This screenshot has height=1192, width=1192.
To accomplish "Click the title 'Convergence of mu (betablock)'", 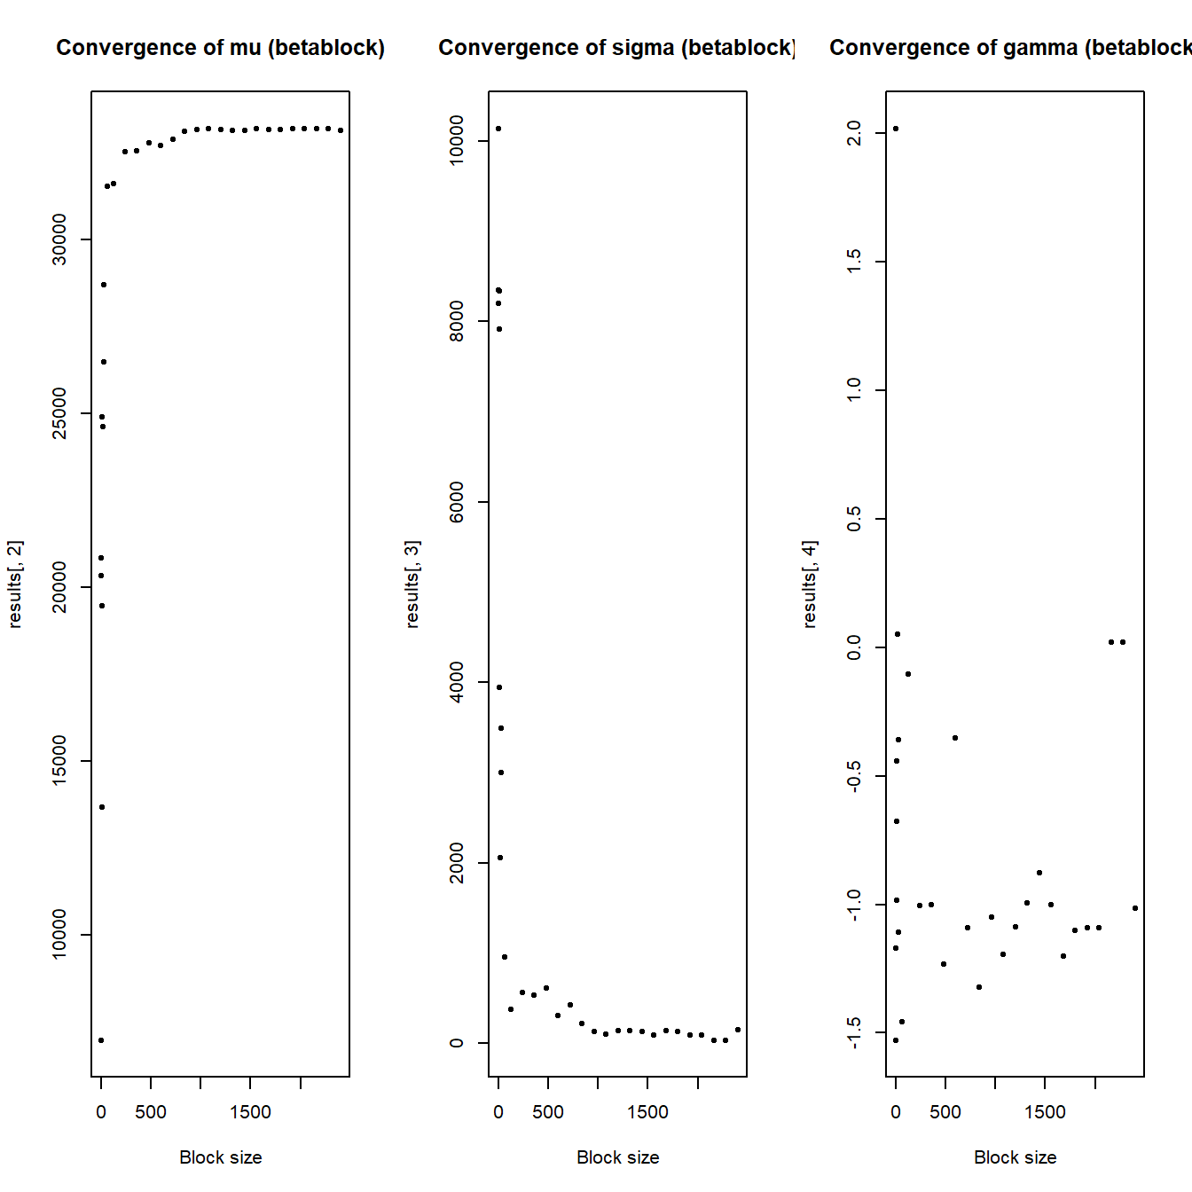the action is coord(220,48).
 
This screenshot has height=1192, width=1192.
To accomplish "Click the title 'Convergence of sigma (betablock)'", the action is coord(616,48).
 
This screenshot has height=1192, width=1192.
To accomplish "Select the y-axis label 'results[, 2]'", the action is coord(15,584).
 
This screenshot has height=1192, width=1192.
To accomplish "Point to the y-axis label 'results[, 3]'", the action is coord(412,584).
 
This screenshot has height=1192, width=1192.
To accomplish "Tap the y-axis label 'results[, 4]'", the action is coord(809,584).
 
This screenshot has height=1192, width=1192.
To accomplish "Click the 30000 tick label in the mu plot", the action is coord(59,239).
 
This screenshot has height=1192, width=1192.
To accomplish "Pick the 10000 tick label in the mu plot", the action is coord(59,934).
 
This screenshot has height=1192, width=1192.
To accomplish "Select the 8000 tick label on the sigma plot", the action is coord(457,321).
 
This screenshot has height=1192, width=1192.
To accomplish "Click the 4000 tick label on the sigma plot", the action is coord(457,682).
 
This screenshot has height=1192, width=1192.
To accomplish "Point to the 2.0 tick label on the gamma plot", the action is coord(853,133).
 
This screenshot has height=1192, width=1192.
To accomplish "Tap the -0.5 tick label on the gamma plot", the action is coord(853,776).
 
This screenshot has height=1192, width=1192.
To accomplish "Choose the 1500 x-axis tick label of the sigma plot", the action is coord(647,1111).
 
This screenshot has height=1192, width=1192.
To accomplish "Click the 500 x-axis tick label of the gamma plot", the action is coord(945,1111).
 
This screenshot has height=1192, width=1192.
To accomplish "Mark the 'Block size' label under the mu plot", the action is coord(221,1157).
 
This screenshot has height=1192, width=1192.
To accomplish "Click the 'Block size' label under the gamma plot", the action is coord(1016,1157).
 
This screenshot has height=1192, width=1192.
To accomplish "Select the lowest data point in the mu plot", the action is coord(101,1040).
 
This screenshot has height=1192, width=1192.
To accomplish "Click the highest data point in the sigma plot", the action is coord(498,129).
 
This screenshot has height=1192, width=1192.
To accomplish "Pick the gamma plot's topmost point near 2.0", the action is coord(896,129).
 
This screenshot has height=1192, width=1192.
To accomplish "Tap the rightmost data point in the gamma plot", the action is coord(1135,908).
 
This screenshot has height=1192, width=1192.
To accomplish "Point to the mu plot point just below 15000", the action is coord(102,807).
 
